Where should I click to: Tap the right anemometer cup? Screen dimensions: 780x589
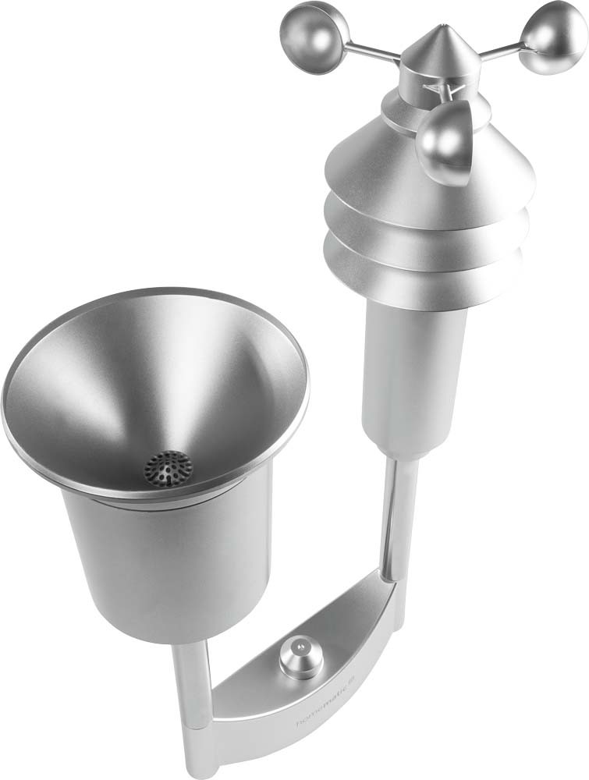pyautogui.click(x=555, y=37)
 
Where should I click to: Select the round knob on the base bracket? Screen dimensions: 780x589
pyautogui.click(x=301, y=662)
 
